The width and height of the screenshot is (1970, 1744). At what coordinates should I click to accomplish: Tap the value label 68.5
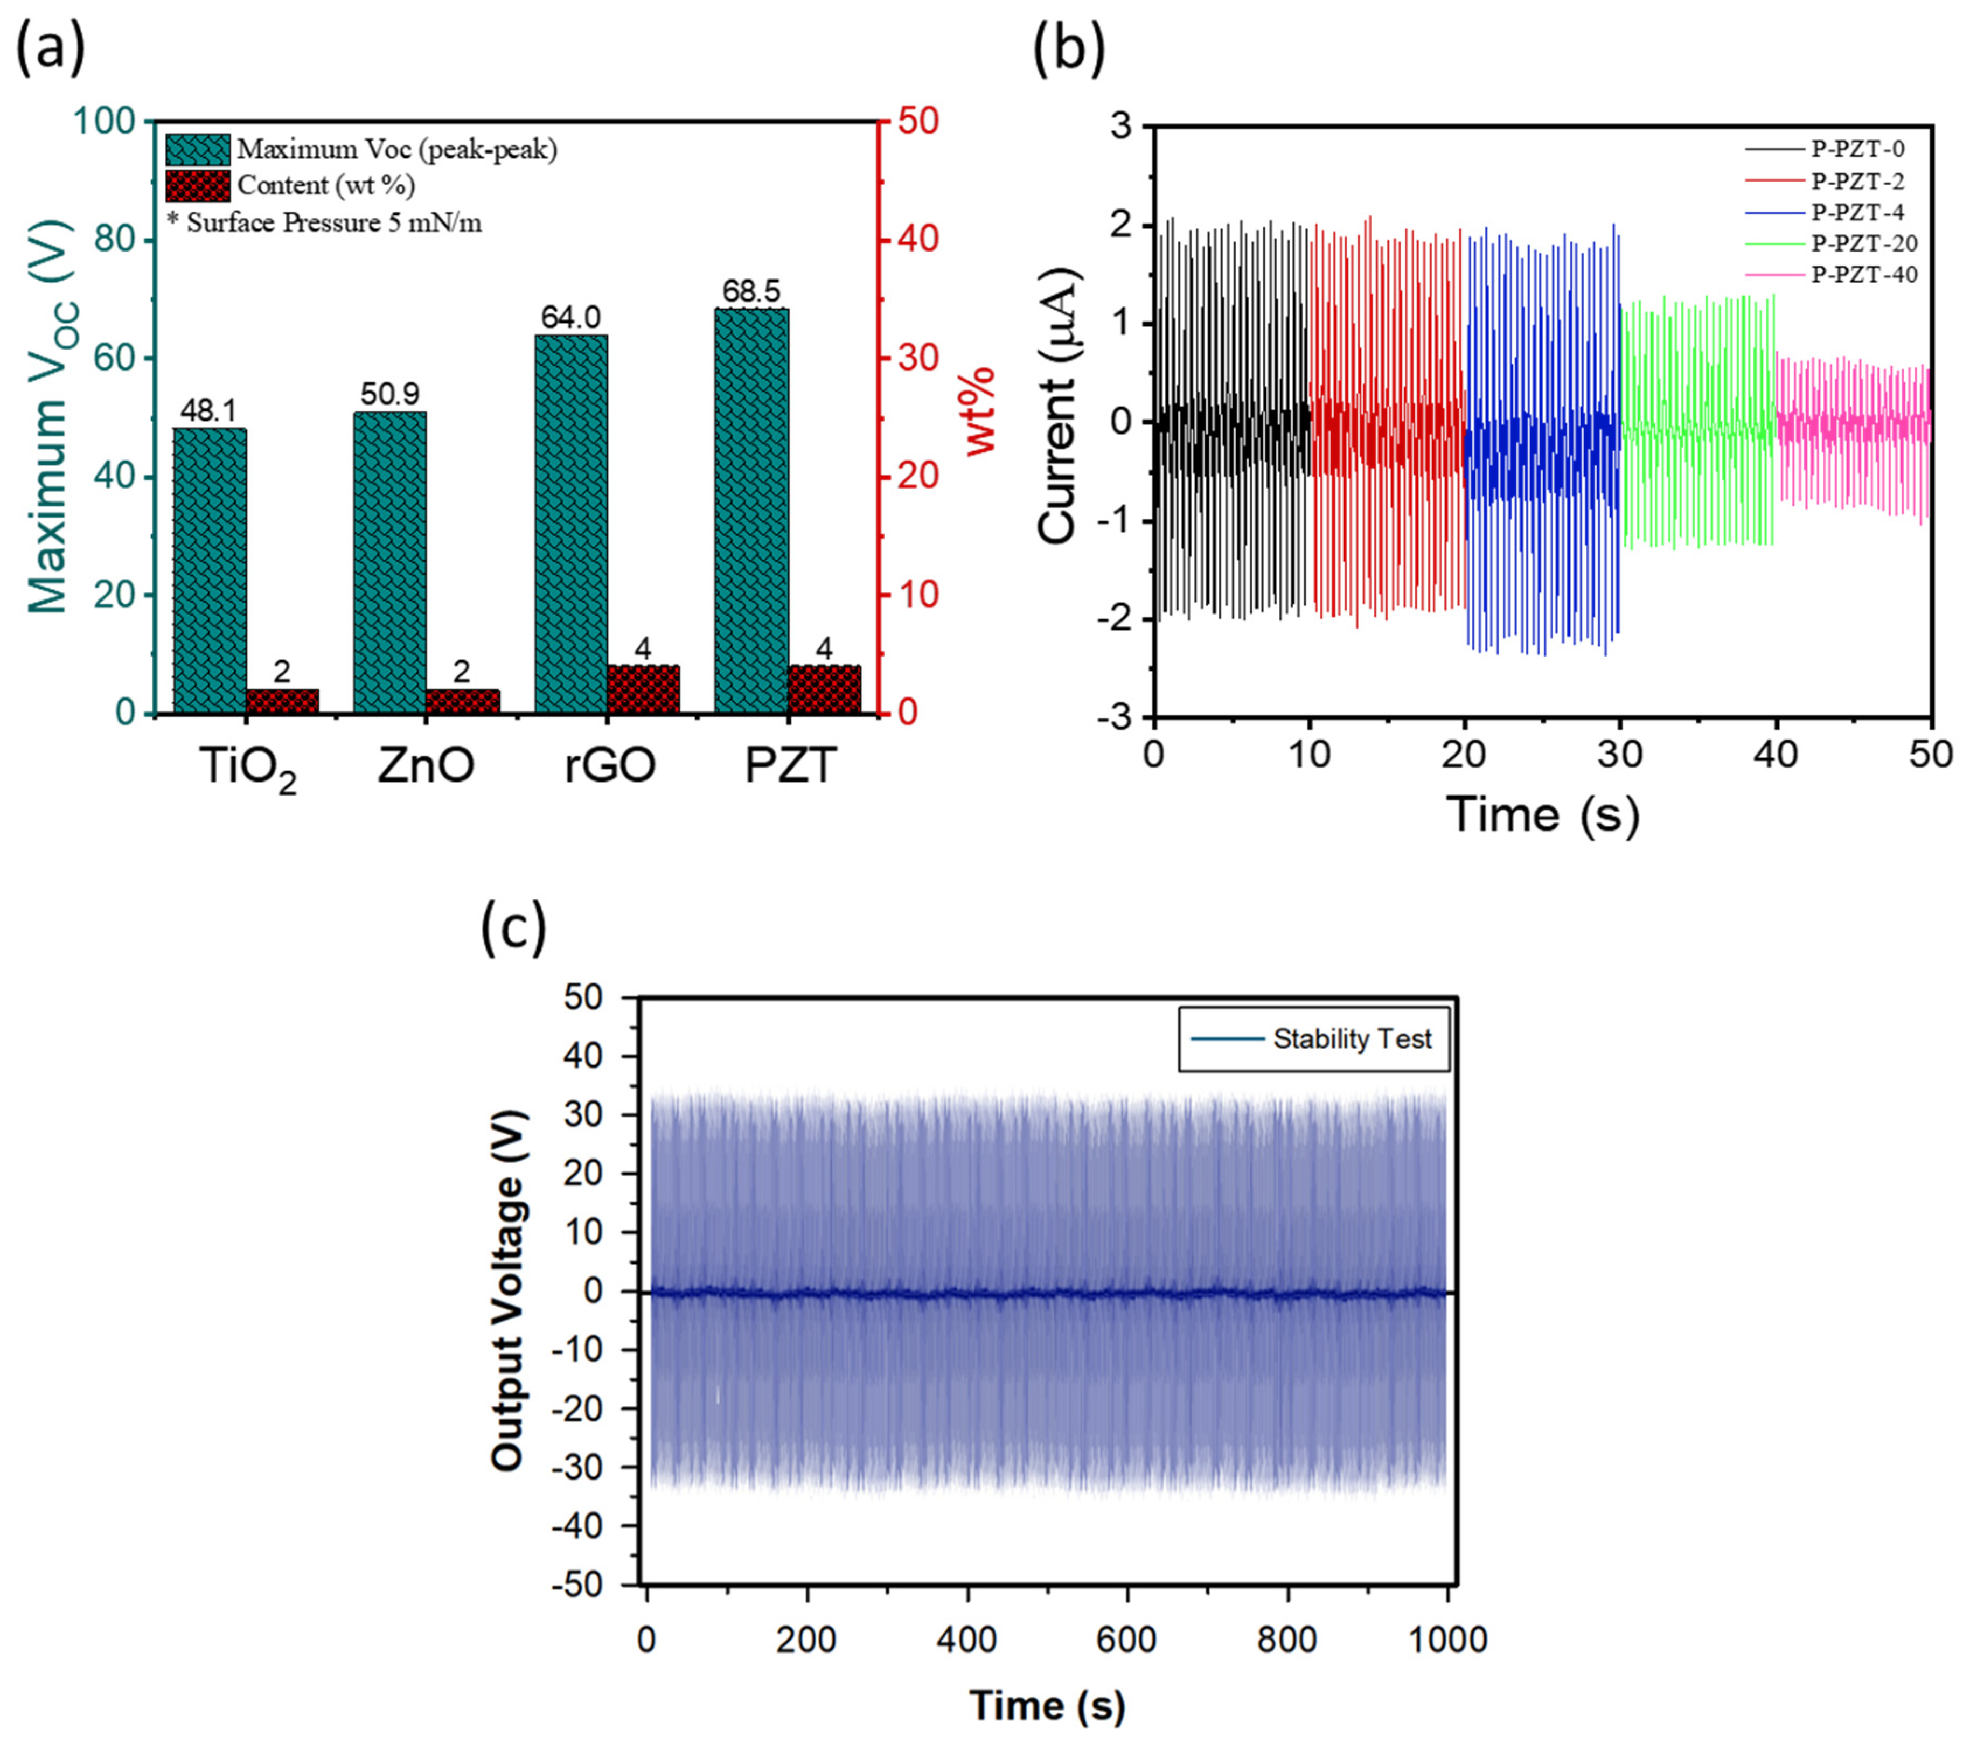pyautogui.click(x=752, y=291)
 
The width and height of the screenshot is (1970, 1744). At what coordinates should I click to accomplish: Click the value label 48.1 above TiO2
pyautogui.click(x=208, y=411)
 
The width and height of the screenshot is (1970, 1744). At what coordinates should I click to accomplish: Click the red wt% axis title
pyautogui.click(x=980, y=411)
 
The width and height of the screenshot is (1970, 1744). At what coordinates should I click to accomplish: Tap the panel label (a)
pyautogui.click(x=50, y=48)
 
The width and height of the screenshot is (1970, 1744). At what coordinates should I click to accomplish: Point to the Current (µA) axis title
pyautogui.click(x=1058, y=406)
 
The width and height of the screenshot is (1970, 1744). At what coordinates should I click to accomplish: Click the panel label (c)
pyautogui.click(x=513, y=927)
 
